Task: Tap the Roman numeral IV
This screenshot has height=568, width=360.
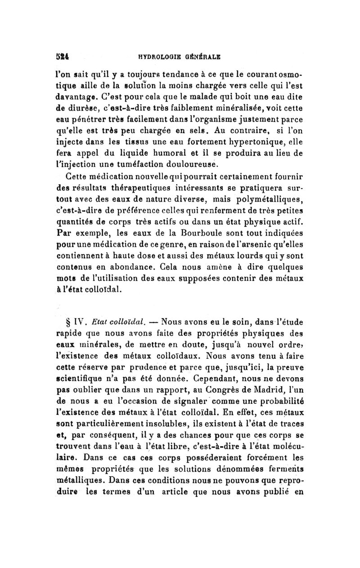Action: pos(83,322)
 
